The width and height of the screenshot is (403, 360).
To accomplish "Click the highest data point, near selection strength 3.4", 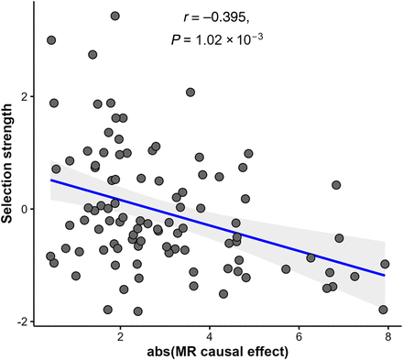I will click(114, 16).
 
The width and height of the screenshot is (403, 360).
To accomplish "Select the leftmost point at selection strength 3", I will click(51, 40).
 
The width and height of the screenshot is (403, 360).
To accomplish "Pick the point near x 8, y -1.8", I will click(383, 310).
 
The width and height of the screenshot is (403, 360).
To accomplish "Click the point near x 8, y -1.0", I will click(385, 264).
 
